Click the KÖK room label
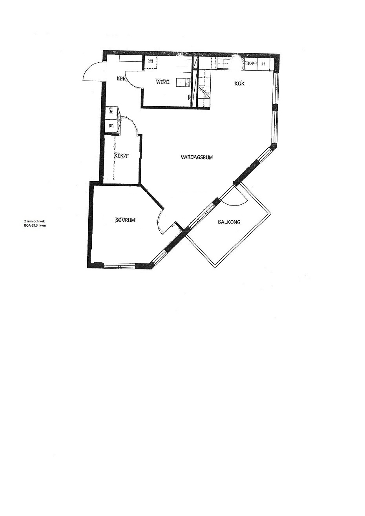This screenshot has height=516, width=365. (239, 84)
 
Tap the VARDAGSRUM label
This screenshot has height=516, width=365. (197, 157)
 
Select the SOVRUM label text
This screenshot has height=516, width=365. (125, 220)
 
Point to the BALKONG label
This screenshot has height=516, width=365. (229, 222)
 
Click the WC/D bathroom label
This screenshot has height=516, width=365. (163, 82)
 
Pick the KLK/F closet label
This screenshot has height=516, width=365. (122, 156)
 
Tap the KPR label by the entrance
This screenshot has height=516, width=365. (121, 78)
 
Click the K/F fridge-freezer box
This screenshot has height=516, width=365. (251, 64)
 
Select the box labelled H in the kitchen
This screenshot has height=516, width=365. (263, 64)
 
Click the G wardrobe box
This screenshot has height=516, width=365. (111, 111)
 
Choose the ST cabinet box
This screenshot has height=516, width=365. (111, 126)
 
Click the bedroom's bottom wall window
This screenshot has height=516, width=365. (119, 266)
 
